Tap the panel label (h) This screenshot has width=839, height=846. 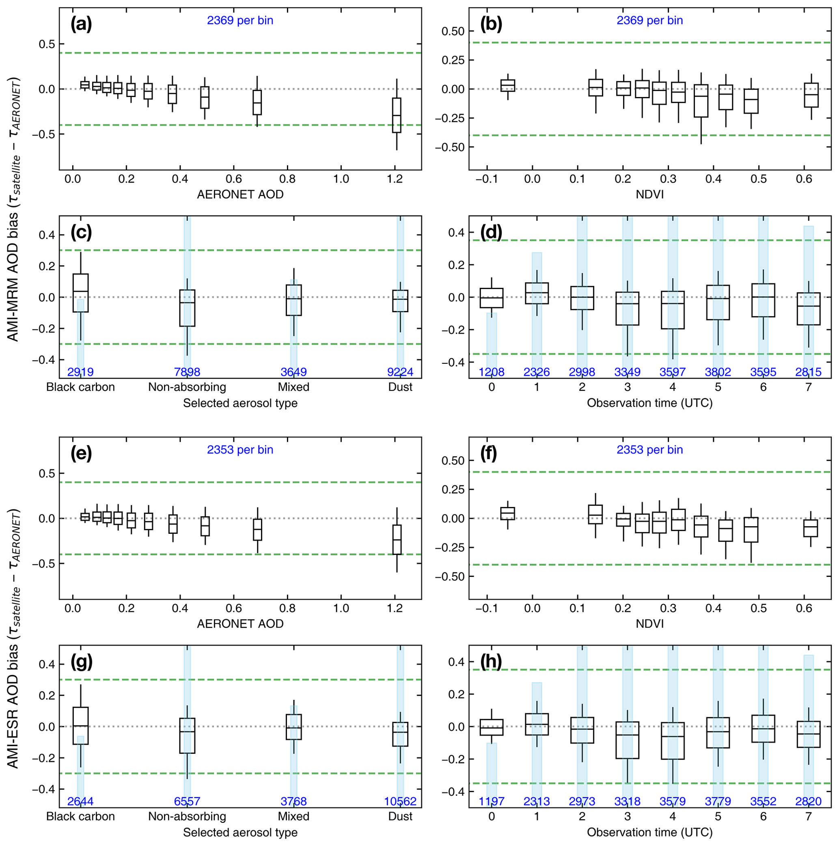pyautogui.click(x=490, y=661)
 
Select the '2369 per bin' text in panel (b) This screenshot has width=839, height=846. pyautogui.click(x=649, y=21)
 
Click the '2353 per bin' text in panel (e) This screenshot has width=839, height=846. pyautogui.click(x=240, y=450)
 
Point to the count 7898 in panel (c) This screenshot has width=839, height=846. pyautogui.click(x=187, y=372)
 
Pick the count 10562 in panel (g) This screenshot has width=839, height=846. pyautogui.click(x=400, y=801)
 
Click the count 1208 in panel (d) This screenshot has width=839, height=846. pyautogui.click(x=491, y=372)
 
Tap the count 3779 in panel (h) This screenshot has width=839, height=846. pyautogui.click(x=718, y=801)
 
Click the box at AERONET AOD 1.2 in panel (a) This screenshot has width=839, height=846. pyautogui.click(x=396, y=115)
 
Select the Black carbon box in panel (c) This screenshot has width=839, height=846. pyautogui.click(x=81, y=293)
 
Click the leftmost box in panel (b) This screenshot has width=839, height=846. pyautogui.click(x=507, y=85)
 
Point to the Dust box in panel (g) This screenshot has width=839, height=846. pyautogui.click(x=400, y=734)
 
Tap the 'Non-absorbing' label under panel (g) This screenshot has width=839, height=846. pyautogui.click(x=187, y=816)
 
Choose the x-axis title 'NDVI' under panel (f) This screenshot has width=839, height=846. pyautogui.click(x=649, y=624)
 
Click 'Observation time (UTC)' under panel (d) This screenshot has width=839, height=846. pyautogui.click(x=649, y=403)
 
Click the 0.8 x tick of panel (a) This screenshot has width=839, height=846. pyautogui.click(x=287, y=179)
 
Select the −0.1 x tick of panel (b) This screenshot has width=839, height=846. pyautogui.click(x=487, y=179)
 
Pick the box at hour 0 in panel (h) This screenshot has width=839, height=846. pyautogui.click(x=491, y=727)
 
